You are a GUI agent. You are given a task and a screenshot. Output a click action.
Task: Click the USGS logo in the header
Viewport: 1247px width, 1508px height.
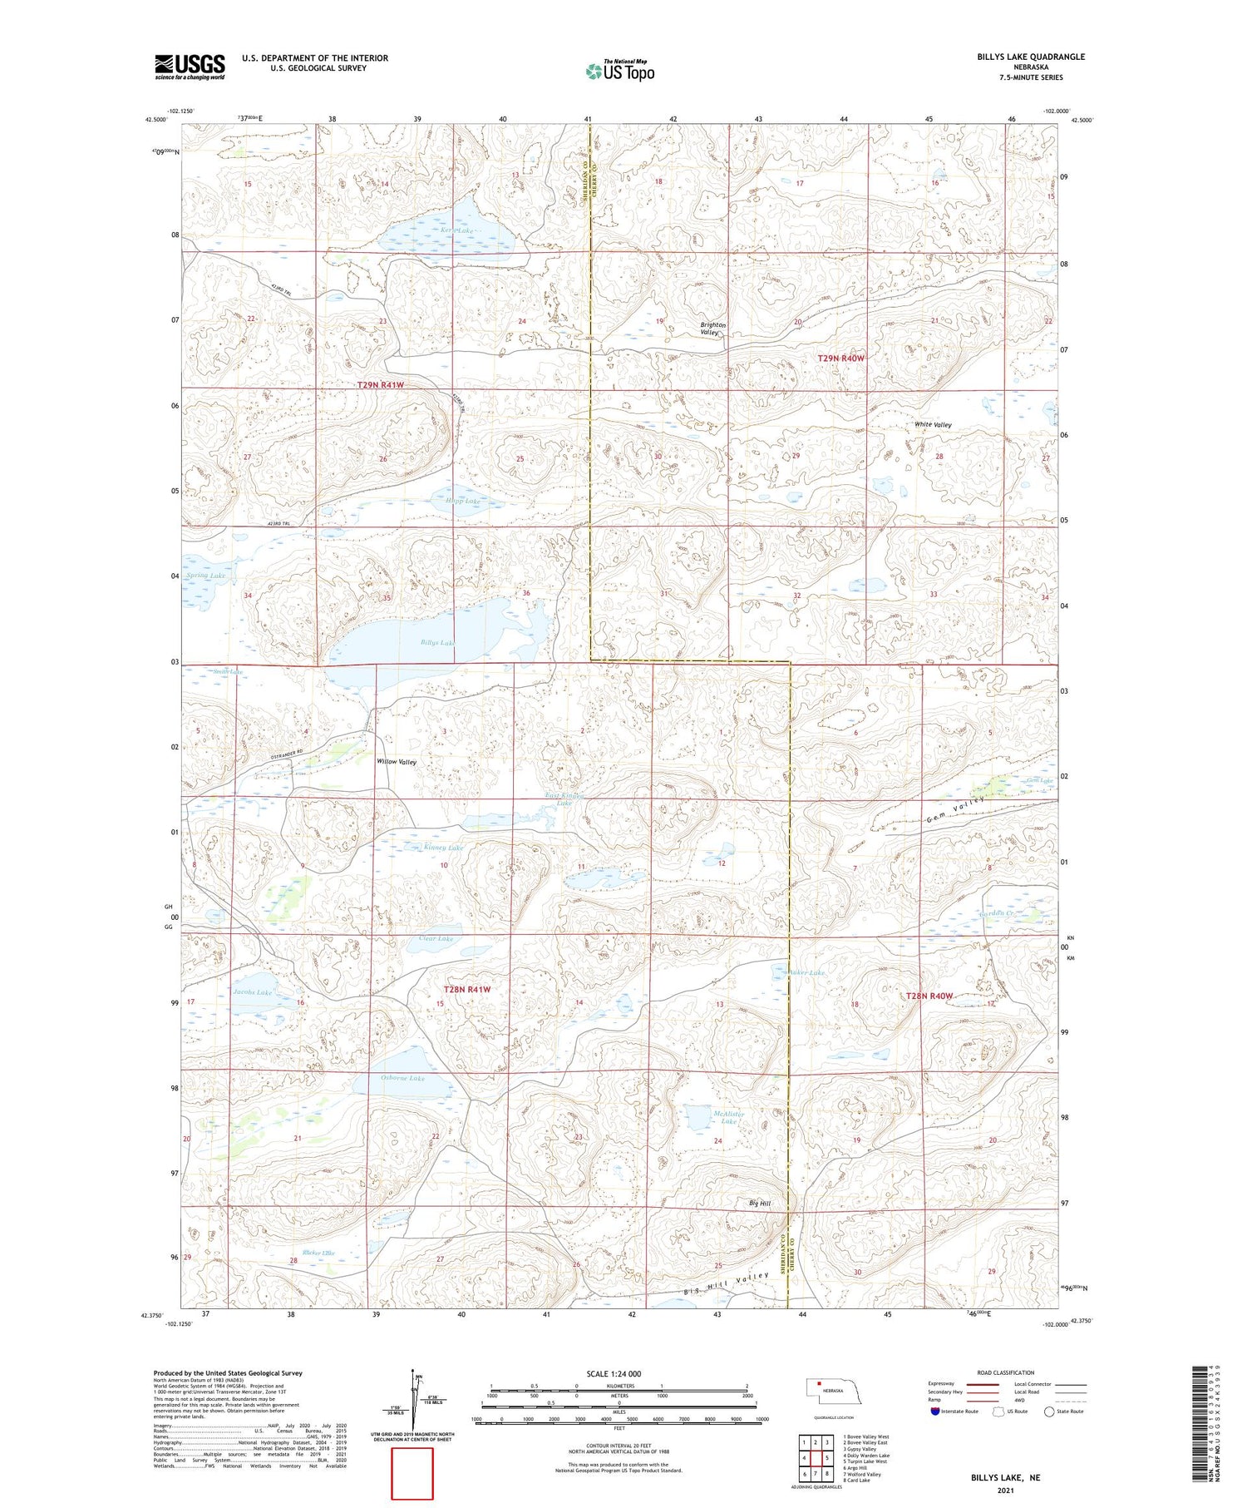(x=190, y=67)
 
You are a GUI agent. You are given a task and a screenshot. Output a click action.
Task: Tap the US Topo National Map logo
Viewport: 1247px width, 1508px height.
(x=619, y=71)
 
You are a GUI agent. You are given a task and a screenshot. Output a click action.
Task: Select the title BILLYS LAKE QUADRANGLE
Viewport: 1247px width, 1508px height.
(x=1031, y=57)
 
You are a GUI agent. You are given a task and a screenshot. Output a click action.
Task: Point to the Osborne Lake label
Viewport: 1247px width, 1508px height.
(x=402, y=1078)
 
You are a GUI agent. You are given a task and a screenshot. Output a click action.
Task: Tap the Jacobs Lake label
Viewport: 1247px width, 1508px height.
(x=252, y=992)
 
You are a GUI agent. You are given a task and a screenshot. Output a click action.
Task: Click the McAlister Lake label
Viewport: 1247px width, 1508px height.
(x=728, y=1117)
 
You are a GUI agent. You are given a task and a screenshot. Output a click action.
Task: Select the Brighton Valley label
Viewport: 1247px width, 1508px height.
(x=712, y=329)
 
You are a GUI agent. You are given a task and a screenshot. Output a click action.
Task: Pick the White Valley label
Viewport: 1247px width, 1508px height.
(x=933, y=425)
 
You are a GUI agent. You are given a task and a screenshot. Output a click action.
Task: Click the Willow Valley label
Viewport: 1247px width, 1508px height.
(x=397, y=762)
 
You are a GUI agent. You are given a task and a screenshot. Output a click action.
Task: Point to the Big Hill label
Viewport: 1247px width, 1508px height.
(x=759, y=1204)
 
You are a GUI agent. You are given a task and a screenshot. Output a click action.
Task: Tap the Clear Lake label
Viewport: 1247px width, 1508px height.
(x=436, y=939)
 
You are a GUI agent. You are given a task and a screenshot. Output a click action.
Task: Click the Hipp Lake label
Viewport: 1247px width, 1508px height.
(x=463, y=502)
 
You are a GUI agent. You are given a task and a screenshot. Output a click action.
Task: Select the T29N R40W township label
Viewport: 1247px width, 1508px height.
(x=840, y=358)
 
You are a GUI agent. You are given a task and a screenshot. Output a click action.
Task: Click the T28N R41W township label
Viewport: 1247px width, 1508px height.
(x=466, y=990)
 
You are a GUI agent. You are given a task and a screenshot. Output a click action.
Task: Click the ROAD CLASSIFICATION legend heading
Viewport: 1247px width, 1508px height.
(x=1005, y=1372)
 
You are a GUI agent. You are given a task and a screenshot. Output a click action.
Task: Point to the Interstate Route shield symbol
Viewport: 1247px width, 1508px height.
(x=934, y=1411)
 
